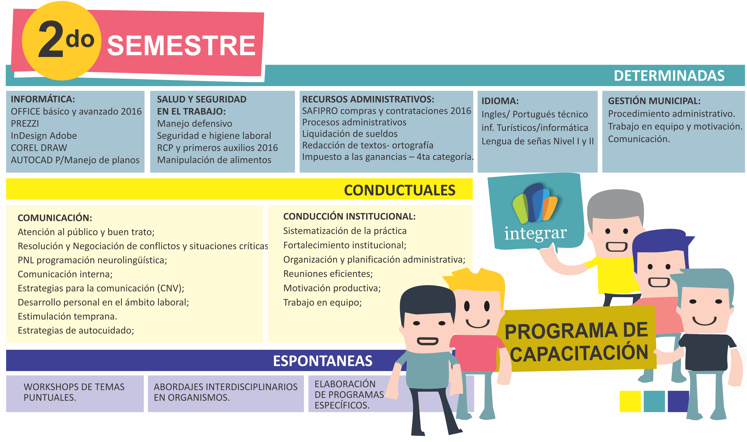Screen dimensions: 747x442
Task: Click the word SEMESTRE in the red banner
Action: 181,46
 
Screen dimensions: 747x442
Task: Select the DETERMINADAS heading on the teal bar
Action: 669,76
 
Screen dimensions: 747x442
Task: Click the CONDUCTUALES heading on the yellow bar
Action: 399,190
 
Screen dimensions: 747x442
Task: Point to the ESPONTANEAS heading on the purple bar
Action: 323,361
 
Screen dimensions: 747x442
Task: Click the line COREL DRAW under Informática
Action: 39,148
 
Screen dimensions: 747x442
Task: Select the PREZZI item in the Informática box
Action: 25,123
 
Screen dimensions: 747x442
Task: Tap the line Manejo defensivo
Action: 195,123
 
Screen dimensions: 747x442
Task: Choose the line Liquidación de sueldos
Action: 350,134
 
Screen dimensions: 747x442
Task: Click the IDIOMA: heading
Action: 500,101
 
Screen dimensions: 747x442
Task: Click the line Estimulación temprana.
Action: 68,316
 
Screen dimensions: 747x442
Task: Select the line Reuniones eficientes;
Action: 328,274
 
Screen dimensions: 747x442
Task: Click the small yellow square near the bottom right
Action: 630,401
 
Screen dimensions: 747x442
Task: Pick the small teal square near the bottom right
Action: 654,401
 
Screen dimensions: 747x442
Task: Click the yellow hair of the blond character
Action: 476,280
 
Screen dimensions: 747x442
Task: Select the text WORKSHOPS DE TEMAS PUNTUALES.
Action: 74,392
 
